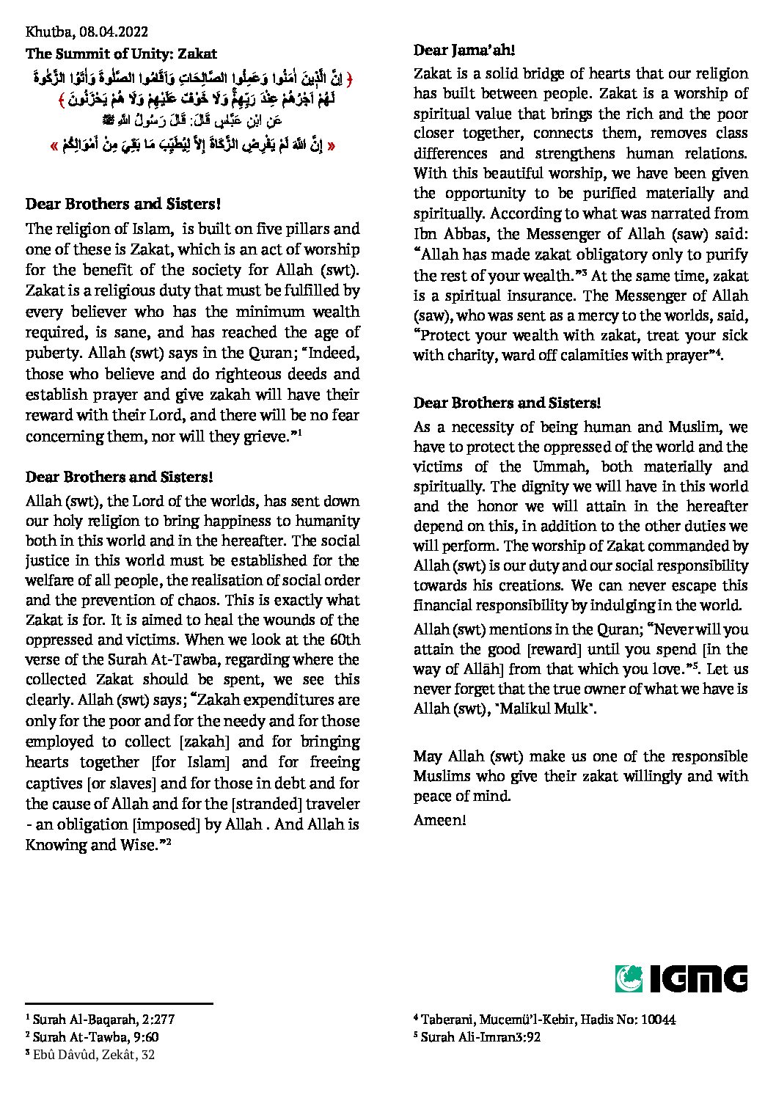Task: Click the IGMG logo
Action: (x=681, y=978)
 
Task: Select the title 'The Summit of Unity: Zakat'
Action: (x=121, y=54)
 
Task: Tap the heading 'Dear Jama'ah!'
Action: (x=464, y=50)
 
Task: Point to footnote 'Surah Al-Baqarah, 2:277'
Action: (x=103, y=1019)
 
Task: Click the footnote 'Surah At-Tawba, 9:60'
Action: (x=95, y=1036)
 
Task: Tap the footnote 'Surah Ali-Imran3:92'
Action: (x=480, y=1037)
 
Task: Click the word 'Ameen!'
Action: (x=439, y=819)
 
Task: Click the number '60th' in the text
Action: (x=343, y=639)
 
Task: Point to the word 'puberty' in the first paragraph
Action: (x=51, y=353)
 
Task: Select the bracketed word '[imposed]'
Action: (x=169, y=824)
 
